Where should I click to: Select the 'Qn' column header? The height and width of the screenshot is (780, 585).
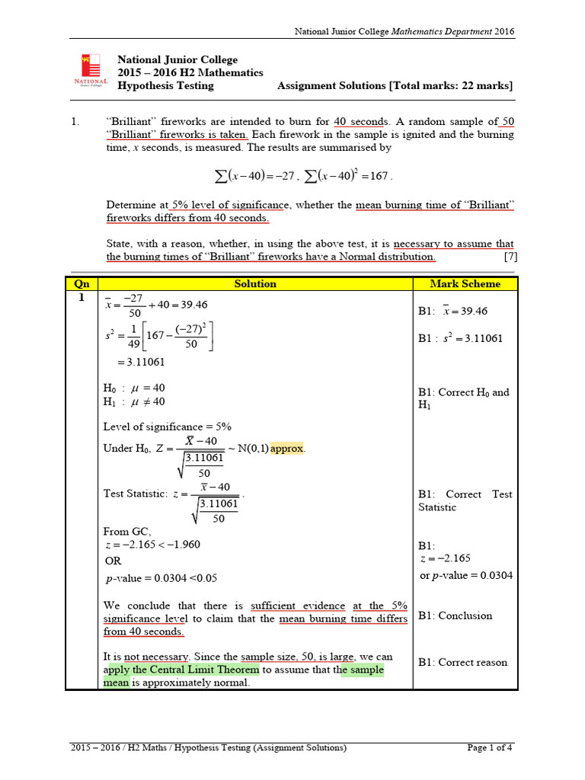tap(82, 284)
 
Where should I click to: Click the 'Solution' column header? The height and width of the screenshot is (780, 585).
tap(255, 284)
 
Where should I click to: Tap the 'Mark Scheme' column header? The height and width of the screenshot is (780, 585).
tap(465, 284)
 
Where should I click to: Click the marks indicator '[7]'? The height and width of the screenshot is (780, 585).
tap(510, 257)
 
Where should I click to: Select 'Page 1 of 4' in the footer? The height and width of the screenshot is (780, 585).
tap(490, 747)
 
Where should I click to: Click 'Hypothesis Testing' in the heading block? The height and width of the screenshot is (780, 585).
tap(165, 86)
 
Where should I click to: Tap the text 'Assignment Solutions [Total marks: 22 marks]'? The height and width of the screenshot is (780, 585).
tap(395, 86)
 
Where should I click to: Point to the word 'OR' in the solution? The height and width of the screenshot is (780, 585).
tap(112, 561)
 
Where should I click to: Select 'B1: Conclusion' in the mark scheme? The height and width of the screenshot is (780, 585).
tap(455, 615)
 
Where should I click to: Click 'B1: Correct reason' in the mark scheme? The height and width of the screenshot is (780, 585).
tap(462, 662)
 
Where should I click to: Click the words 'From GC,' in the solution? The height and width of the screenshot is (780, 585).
tap(127, 531)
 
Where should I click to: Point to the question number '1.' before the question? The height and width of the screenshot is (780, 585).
tap(75, 121)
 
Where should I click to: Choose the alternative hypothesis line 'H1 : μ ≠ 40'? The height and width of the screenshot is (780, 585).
tap(133, 401)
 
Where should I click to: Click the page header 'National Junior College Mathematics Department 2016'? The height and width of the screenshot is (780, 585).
tap(404, 31)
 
